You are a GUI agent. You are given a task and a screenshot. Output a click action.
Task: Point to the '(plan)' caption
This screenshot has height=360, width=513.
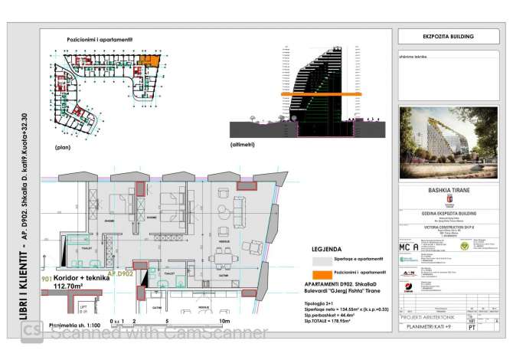64,145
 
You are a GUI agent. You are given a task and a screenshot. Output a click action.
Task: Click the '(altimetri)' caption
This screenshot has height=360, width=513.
245,145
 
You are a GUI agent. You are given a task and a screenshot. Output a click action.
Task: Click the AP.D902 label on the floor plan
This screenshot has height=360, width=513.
120,272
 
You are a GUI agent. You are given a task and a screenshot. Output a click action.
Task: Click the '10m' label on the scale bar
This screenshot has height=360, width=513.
224,321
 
